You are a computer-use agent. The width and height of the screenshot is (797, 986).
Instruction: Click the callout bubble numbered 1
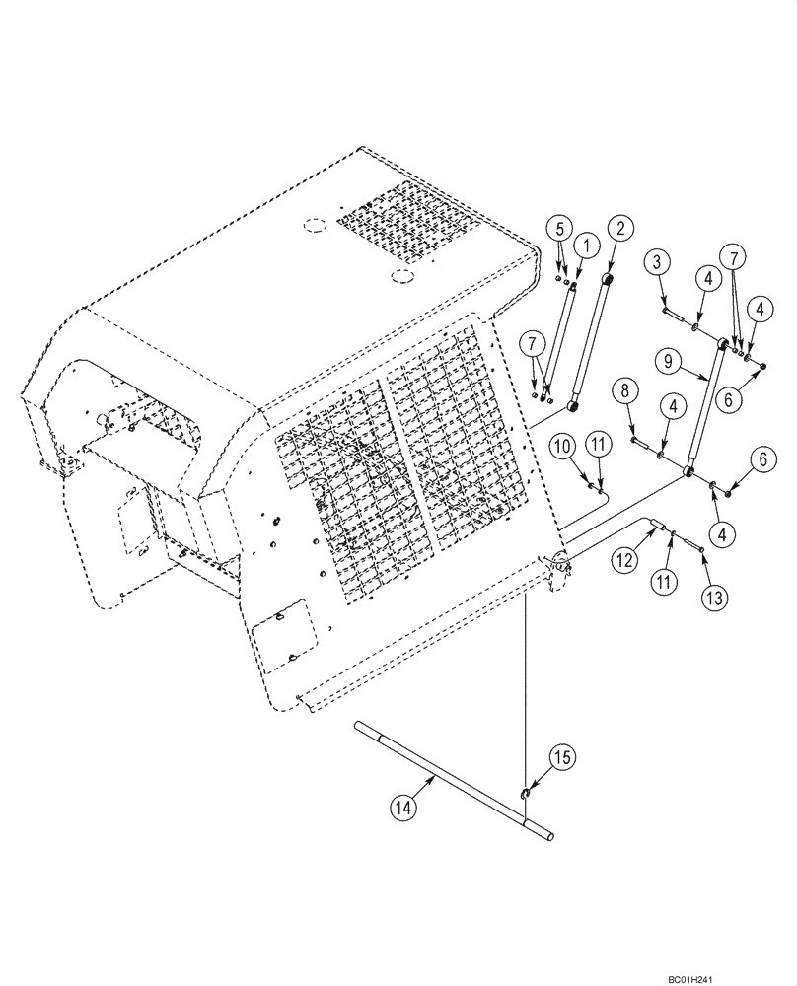click(586, 243)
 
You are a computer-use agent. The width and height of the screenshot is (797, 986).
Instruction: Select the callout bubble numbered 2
click(618, 229)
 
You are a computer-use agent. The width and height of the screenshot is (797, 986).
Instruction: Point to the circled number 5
click(559, 229)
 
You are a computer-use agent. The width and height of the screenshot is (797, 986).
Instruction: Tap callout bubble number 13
click(714, 596)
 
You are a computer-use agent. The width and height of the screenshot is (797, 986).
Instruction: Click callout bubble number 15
click(533, 757)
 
